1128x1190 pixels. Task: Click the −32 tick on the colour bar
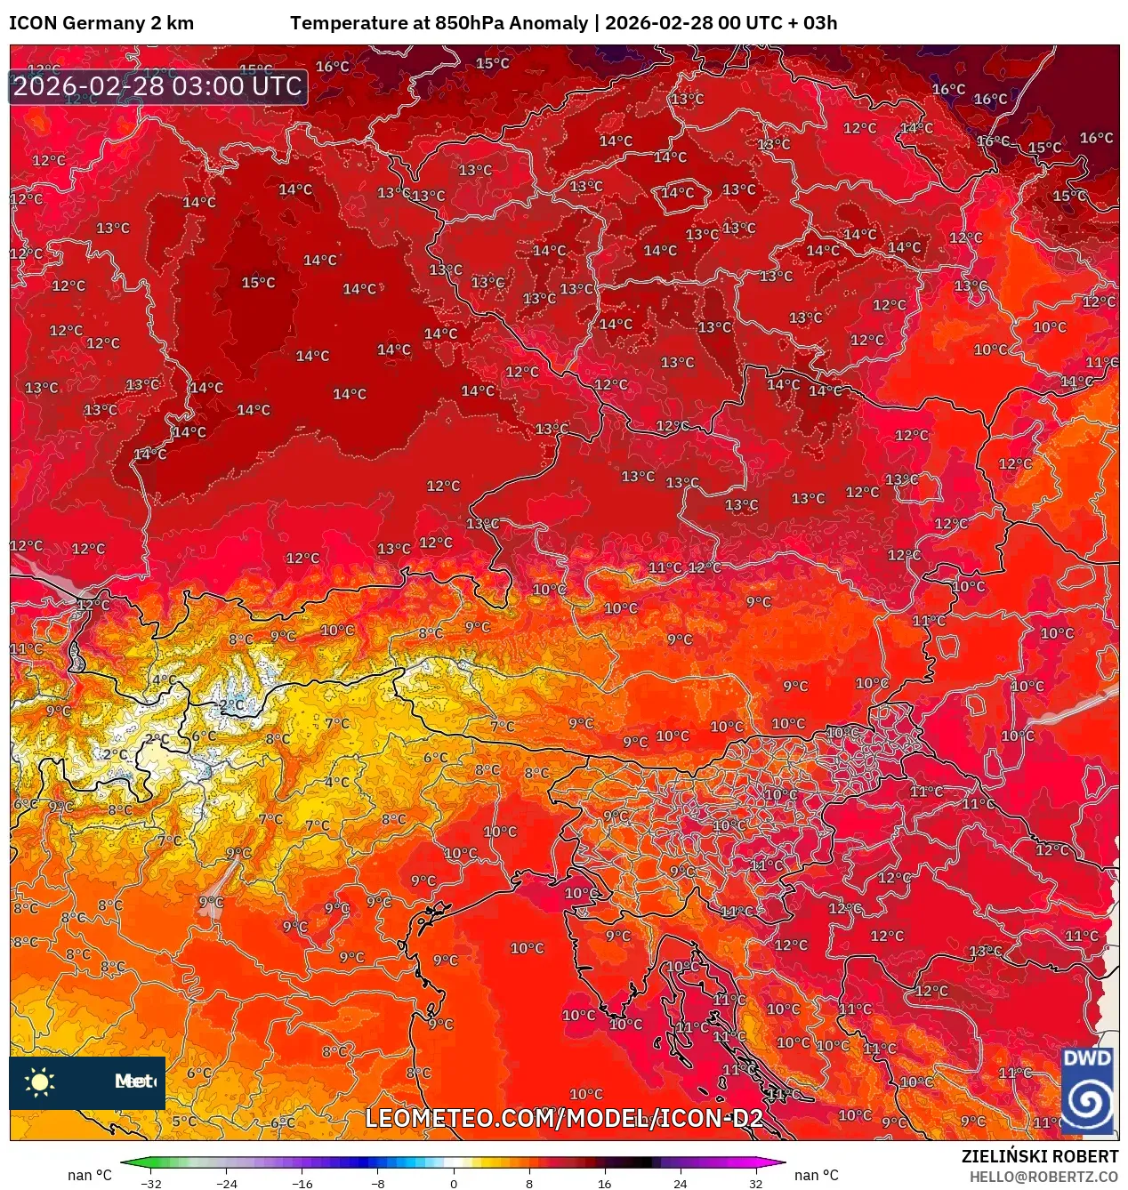point(151,1183)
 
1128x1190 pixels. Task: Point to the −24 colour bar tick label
point(227,1183)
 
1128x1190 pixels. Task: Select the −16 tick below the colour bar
point(302,1183)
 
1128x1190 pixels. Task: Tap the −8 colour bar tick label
point(378,1183)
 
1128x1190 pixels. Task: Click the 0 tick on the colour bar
point(454,1183)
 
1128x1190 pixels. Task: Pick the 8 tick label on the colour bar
point(529,1183)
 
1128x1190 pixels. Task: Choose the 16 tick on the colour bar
point(605,1183)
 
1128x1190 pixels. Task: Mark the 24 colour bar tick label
point(681,1183)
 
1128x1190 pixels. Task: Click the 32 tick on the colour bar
point(755,1183)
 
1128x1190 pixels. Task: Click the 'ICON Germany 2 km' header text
point(101,23)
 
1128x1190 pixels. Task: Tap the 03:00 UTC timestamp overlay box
point(157,86)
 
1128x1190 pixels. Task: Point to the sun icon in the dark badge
point(40,1081)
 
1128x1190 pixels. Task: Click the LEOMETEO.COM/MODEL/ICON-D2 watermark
point(564,1118)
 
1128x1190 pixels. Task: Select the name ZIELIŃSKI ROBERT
point(1039,1156)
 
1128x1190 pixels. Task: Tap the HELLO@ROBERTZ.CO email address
point(1043,1177)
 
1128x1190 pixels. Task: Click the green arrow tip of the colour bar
point(125,1162)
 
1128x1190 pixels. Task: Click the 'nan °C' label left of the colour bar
point(90,1176)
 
